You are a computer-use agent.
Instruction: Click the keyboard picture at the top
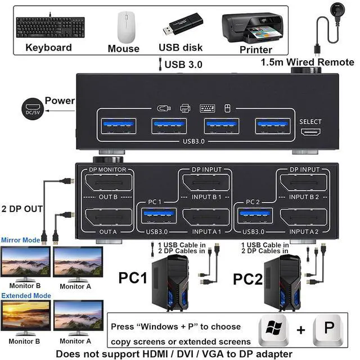point(50,27)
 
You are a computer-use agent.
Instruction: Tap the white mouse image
point(126,27)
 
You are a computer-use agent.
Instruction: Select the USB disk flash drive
point(183,24)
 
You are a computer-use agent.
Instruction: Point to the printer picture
point(253,28)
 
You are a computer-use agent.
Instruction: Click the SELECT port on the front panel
point(310,132)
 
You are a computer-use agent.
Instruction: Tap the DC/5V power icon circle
point(33,109)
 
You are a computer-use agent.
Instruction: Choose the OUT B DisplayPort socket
point(109,182)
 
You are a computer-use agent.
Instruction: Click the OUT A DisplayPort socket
point(109,217)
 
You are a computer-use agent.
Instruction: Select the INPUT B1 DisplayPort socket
point(206,182)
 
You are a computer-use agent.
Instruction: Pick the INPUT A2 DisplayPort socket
point(304,217)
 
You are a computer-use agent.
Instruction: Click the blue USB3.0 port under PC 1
point(159,216)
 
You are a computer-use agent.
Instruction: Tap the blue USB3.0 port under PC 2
point(255,216)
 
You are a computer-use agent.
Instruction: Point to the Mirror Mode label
point(21,240)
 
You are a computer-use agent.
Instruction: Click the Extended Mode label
point(26,296)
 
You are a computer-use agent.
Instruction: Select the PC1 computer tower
point(170,283)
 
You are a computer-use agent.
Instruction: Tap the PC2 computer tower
point(282,283)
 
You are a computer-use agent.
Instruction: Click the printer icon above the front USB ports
point(185,108)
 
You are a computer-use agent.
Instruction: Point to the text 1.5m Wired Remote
point(308,62)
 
